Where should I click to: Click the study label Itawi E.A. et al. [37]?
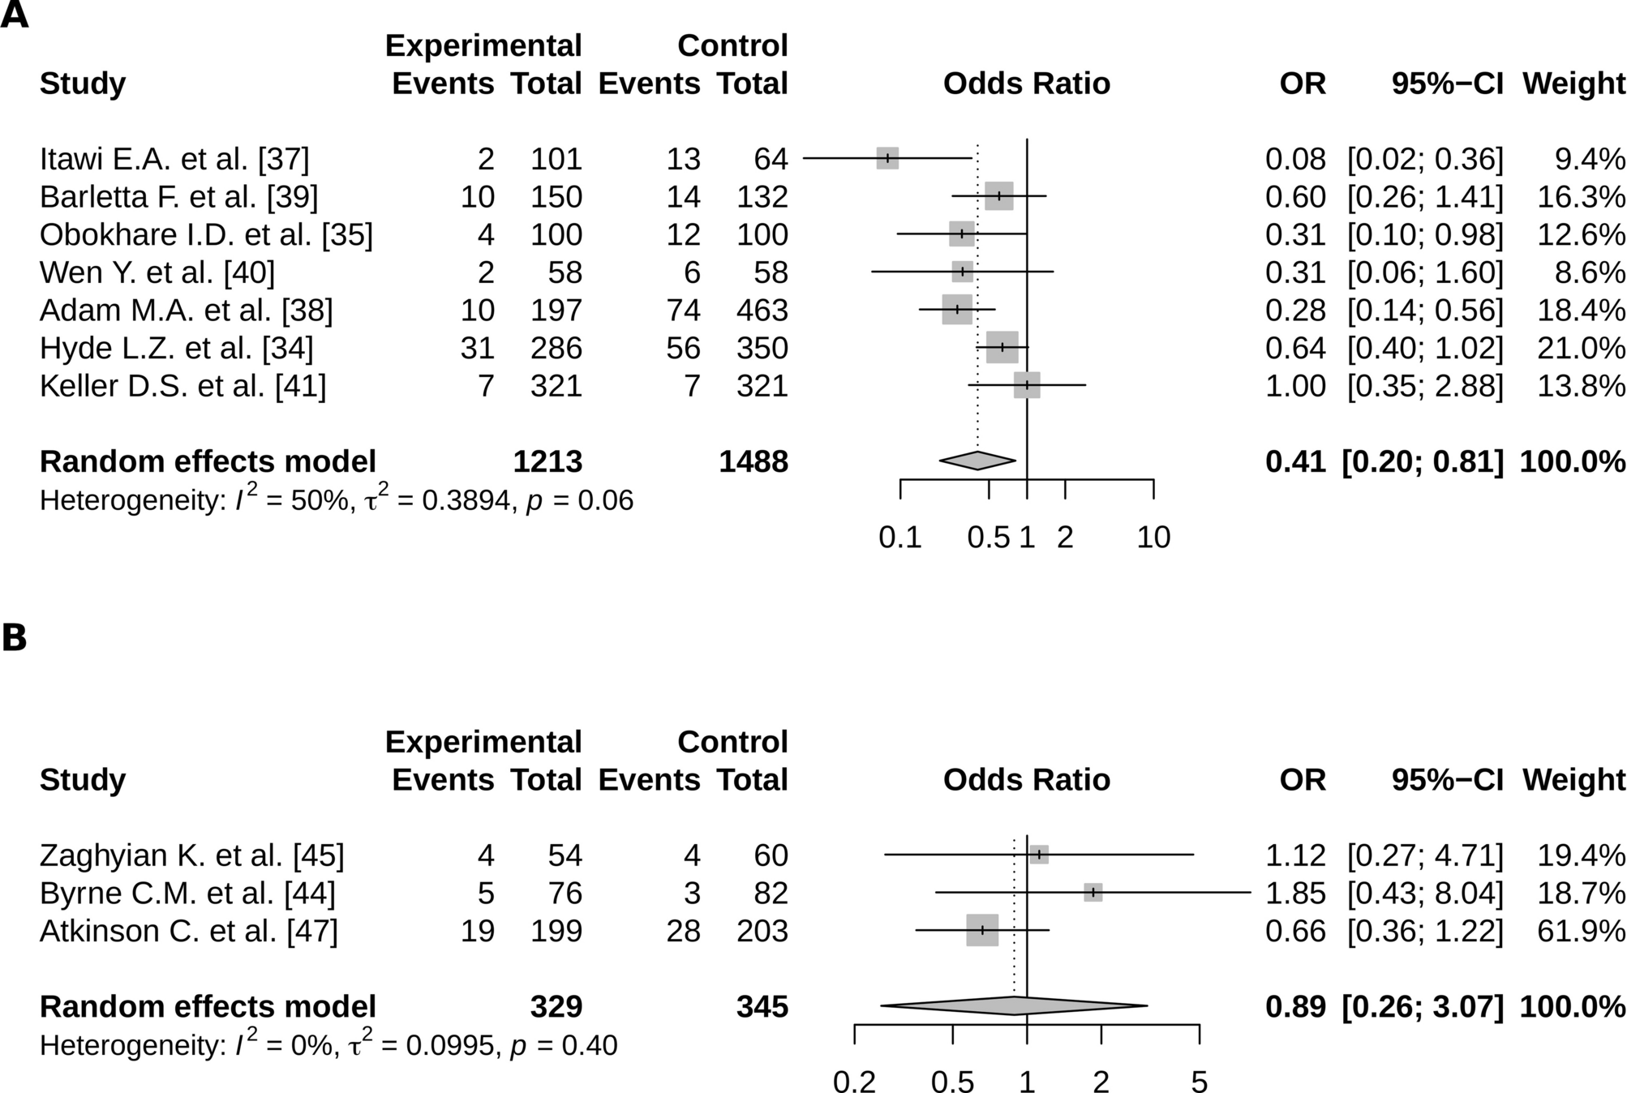click(x=174, y=159)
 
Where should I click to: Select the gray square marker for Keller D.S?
click(x=1026, y=385)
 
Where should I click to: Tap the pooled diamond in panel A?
click(x=977, y=461)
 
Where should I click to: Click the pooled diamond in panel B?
click(x=1014, y=1006)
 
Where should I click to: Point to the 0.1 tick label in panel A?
click(x=899, y=538)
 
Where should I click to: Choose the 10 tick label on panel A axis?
click(x=1153, y=538)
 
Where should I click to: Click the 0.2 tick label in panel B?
click(x=854, y=1082)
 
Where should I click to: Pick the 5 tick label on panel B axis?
click(x=1199, y=1082)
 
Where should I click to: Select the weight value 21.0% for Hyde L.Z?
click(x=1580, y=348)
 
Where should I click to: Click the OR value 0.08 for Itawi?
click(x=1295, y=159)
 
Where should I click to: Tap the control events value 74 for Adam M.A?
click(x=684, y=310)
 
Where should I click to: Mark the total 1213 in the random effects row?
click(x=547, y=461)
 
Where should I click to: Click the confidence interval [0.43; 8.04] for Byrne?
click(x=1424, y=893)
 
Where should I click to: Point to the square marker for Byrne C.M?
click(x=1093, y=892)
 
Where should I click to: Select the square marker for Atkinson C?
click(x=982, y=930)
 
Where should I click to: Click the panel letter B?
click(x=15, y=638)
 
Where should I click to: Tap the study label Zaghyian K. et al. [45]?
click(x=192, y=855)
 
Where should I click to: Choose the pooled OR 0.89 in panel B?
click(x=1295, y=1006)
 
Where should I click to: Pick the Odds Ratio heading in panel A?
click(x=1026, y=84)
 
